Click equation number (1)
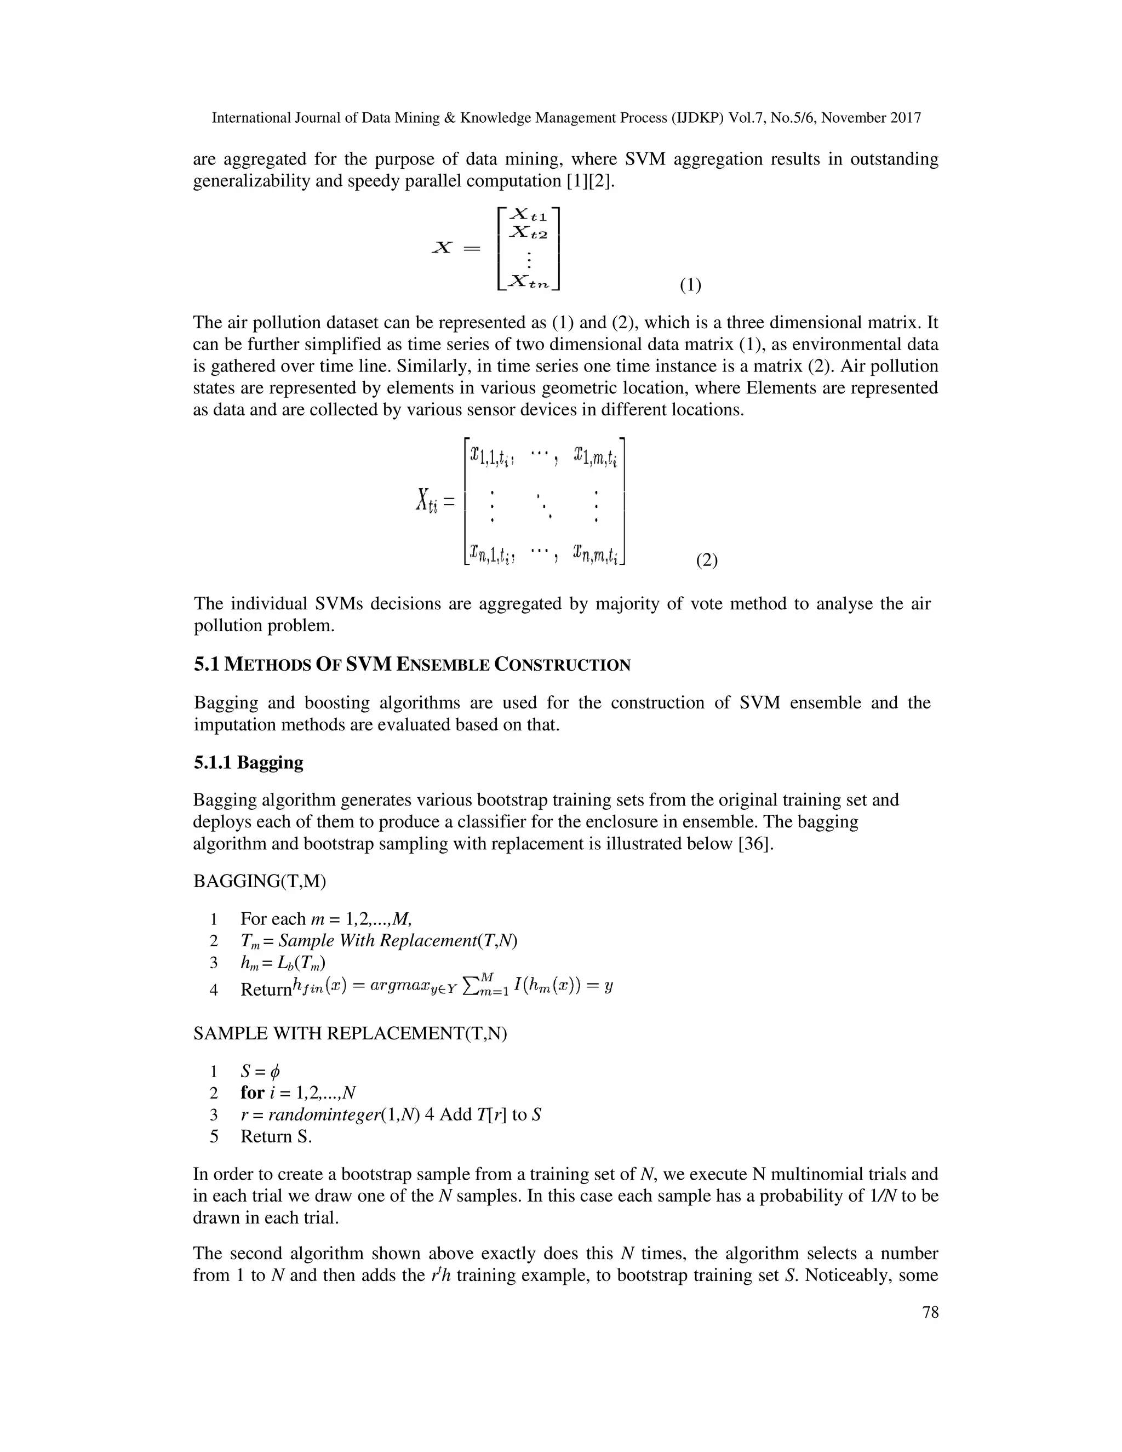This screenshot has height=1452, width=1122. click(690, 285)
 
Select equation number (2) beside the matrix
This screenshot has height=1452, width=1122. click(707, 560)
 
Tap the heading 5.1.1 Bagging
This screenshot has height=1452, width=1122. click(248, 762)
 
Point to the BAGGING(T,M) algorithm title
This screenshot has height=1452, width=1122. click(259, 881)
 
